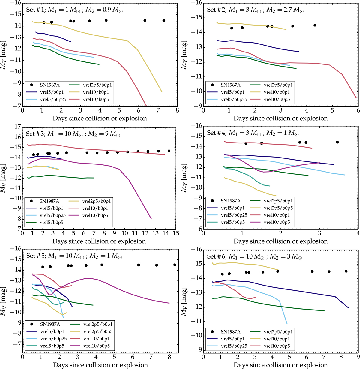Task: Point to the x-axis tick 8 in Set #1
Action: (x=177, y=110)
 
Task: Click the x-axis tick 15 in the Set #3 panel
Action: (x=176, y=233)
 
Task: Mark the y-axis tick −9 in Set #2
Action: (x=196, y=106)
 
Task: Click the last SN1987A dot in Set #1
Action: (x=164, y=21)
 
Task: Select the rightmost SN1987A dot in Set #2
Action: (x=315, y=25)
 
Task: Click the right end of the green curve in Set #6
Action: (x=324, y=311)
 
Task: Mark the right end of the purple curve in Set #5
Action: (x=169, y=303)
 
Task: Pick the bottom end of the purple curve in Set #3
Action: (x=151, y=218)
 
